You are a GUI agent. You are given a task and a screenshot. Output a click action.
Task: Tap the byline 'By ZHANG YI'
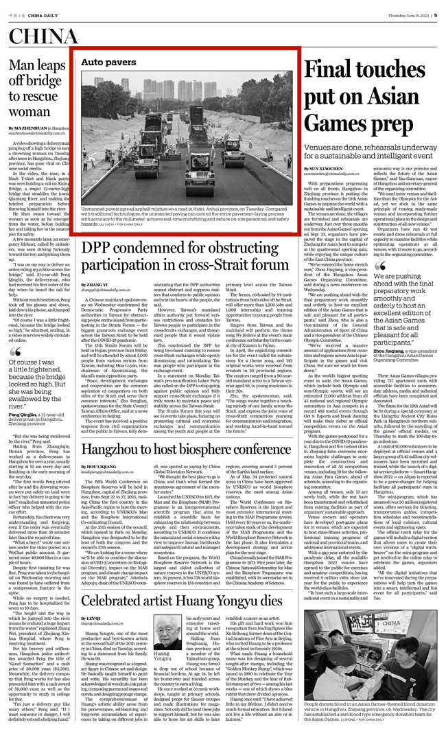pyautogui.click(x=93, y=284)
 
